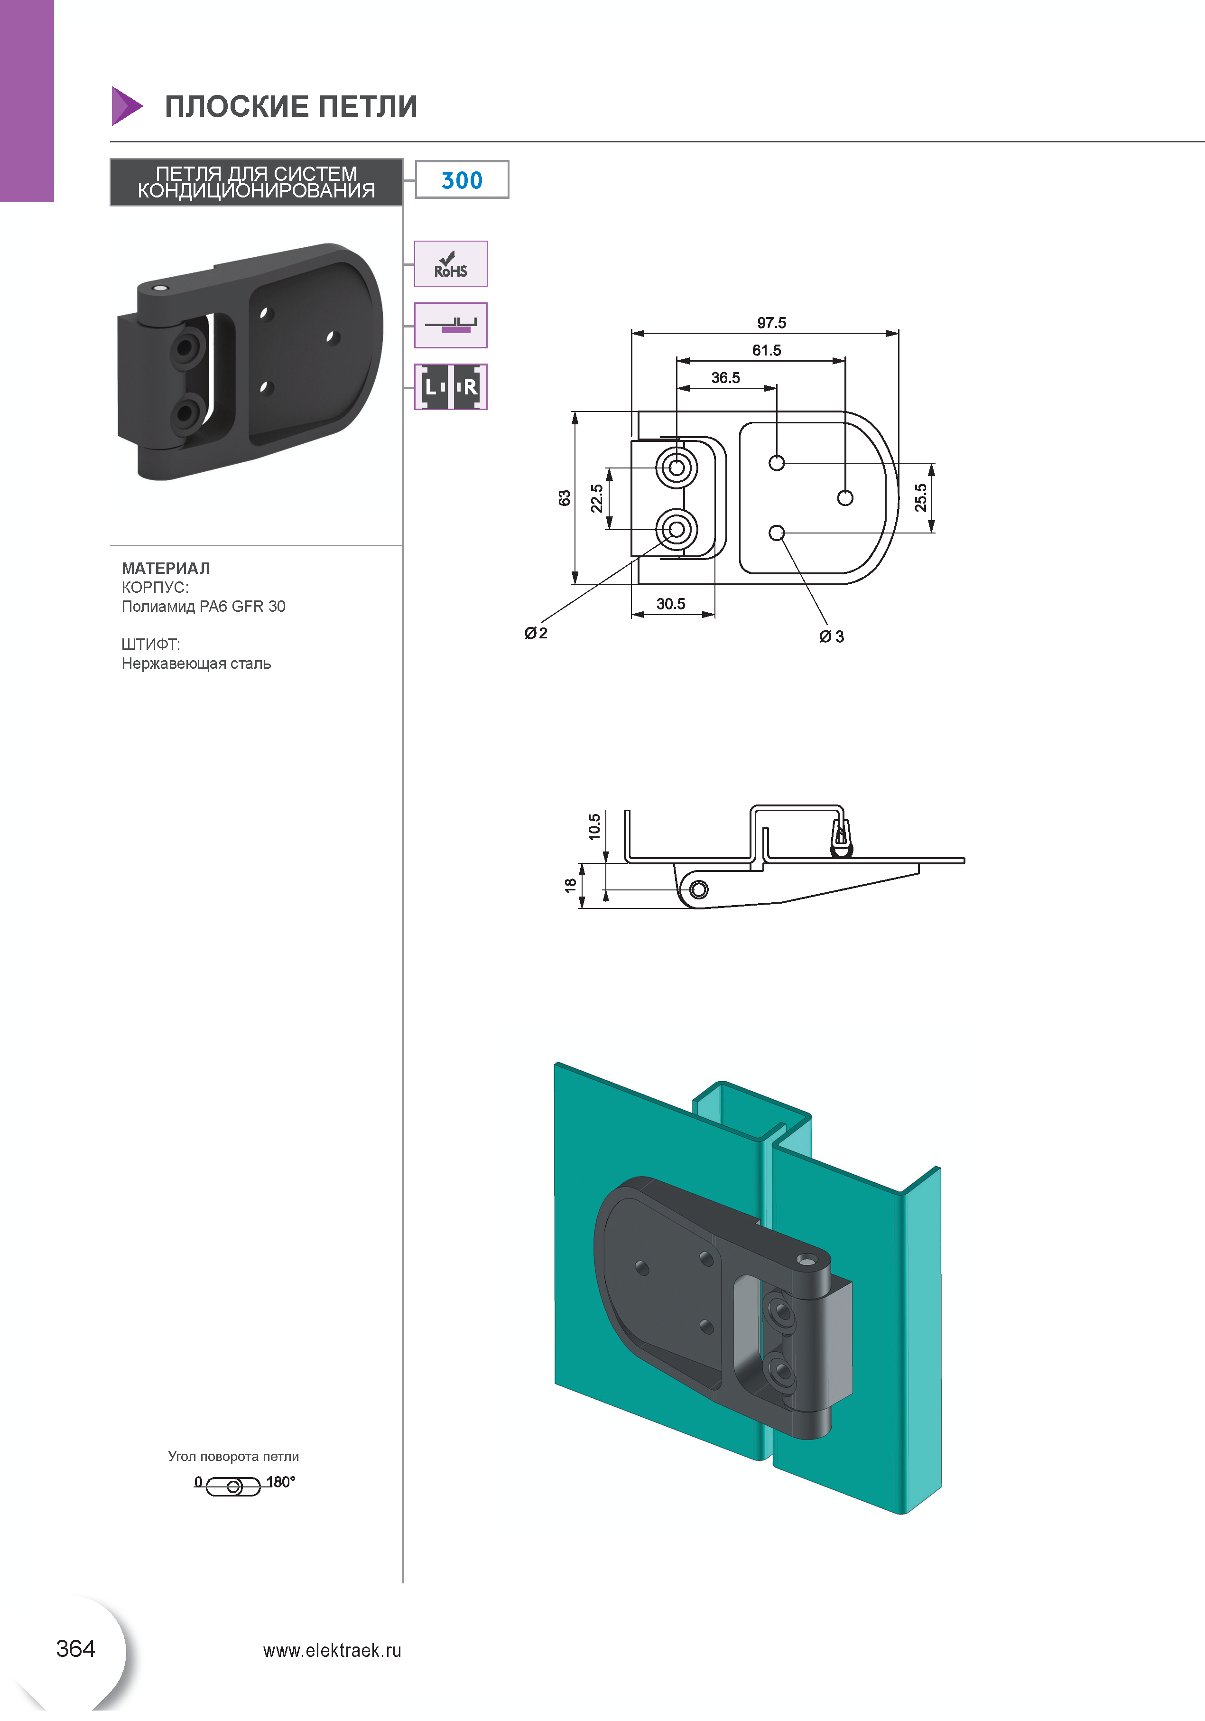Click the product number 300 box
462,180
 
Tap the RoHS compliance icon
450,264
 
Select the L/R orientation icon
450,387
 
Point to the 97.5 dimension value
771,323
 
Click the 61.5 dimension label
767,350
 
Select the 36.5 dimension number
725,378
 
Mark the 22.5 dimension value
596,498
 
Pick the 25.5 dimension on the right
920,498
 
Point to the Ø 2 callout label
536,633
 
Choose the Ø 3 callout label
832,636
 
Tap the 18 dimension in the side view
570,885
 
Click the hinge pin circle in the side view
698,890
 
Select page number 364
76,1648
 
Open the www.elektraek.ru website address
332,1651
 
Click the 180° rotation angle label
281,1482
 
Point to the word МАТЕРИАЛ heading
166,568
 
